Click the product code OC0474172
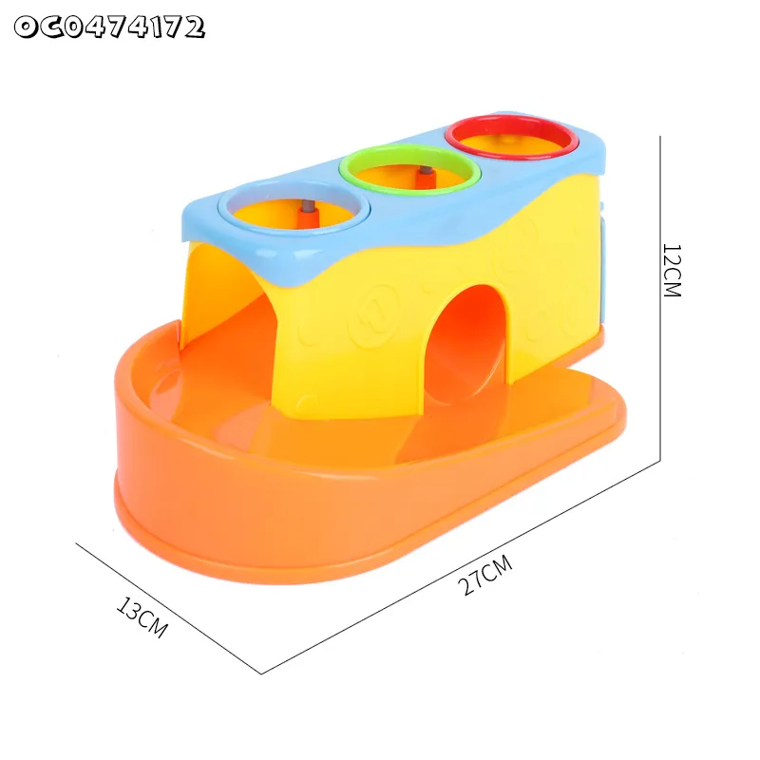pyautogui.click(x=109, y=28)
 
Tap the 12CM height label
pyautogui.click(x=672, y=270)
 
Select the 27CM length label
pyautogui.click(x=484, y=575)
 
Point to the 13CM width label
pyautogui.click(x=142, y=617)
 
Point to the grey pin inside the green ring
pyautogui.click(x=427, y=171)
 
